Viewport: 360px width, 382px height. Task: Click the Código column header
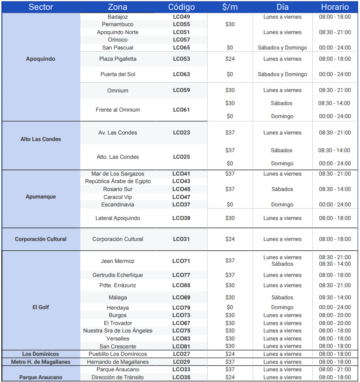click(x=181, y=7)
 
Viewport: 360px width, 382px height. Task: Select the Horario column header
click(x=335, y=7)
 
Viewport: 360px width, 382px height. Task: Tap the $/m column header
click(x=230, y=7)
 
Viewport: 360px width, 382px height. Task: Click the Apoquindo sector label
click(x=41, y=59)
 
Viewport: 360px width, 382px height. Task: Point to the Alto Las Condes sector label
click(x=41, y=139)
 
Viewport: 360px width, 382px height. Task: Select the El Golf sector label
click(x=41, y=307)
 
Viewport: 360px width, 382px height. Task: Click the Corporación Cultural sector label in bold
click(x=41, y=239)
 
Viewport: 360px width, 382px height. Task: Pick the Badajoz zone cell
click(x=117, y=17)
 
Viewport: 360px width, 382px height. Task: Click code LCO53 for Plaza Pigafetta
click(x=181, y=59)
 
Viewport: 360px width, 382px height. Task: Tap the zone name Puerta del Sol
click(x=117, y=74)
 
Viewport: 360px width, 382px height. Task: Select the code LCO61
click(x=181, y=110)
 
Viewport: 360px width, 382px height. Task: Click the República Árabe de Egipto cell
click(x=118, y=181)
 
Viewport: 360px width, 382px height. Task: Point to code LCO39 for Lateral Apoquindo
click(x=181, y=218)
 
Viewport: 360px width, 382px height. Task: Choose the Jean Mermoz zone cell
click(x=117, y=261)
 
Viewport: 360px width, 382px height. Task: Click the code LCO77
click(x=181, y=275)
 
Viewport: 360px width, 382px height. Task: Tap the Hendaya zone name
click(x=118, y=308)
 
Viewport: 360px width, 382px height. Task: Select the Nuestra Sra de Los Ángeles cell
click(x=118, y=331)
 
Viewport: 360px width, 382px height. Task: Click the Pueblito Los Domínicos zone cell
click(x=118, y=354)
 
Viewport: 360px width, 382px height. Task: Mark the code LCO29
click(x=181, y=362)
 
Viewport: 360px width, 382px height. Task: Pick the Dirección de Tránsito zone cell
click(x=118, y=377)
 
